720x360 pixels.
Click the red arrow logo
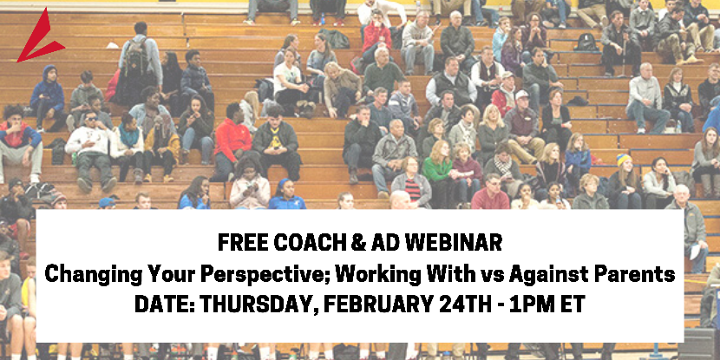coord(38,36)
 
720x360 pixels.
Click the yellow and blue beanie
coord(624,160)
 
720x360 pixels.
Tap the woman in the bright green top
coord(437,169)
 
